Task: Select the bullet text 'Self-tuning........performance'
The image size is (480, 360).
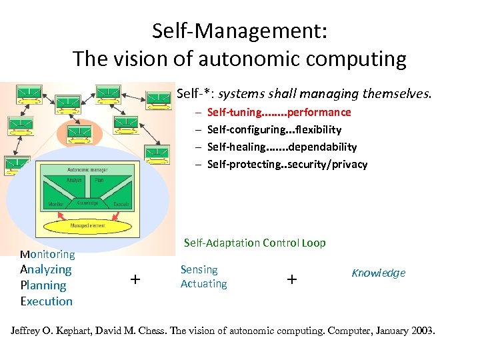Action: [x=279, y=112]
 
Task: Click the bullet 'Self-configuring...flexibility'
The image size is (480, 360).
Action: [x=274, y=129]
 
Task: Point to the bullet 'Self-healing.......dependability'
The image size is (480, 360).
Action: [x=282, y=147]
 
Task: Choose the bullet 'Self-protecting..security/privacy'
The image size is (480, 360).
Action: [x=287, y=164]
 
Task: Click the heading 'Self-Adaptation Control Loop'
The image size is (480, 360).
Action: [x=255, y=243]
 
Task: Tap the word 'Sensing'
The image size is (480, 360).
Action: [x=199, y=269]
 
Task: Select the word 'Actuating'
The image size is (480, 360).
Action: [x=203, y=283]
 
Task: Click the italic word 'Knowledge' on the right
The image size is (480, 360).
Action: [x=378, y=273]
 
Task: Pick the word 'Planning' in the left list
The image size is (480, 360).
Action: [x=43, y=285]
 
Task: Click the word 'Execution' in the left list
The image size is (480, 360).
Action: [x=46, y=301]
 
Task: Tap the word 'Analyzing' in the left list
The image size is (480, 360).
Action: [x=45, y=269]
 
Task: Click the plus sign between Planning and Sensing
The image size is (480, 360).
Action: [x=135, y=279]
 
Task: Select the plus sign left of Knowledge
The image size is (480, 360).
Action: [x=291, y=279]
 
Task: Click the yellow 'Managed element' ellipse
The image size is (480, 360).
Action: [x=87, y=225]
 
